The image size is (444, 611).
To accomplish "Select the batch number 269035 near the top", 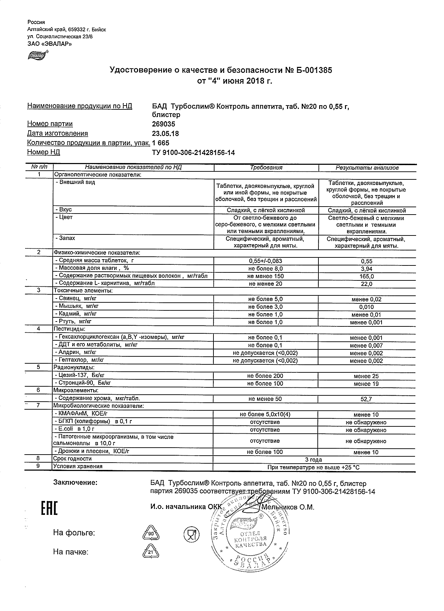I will click(164, 124).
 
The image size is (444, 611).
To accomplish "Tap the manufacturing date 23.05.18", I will click(165, 133).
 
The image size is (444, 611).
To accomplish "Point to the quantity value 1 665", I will click(161, 143).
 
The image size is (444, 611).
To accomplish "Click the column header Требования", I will click(266, 168).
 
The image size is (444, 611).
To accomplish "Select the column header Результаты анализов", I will click(367, 168).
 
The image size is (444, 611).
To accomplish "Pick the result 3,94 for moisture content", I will click(366, 269).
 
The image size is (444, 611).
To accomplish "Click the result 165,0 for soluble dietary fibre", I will click(366, 277).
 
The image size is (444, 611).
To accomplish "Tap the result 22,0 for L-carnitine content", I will click(366, 284).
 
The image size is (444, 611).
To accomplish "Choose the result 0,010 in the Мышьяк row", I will click(366, 307).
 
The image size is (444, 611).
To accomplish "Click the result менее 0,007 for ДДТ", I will click(366, 346).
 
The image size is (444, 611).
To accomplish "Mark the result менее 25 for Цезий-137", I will click(366, 376).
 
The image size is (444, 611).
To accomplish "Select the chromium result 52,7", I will click(366, 399).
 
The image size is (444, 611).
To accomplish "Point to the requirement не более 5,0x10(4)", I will click(265, 415).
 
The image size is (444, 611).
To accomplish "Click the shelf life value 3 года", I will click(313, 460).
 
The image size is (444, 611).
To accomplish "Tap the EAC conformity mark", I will click(49, 509).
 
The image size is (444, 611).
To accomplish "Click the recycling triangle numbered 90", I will click(151, 534).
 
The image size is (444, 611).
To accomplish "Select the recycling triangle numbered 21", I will click(151, 552).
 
